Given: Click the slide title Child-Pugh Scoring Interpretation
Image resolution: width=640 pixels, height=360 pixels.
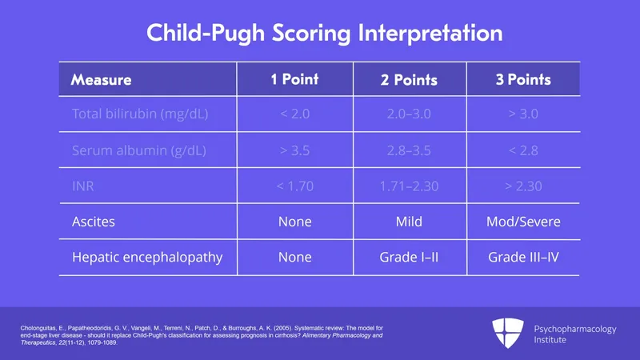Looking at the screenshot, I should click(x=324, y=34).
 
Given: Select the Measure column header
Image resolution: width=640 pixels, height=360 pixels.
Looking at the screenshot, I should click(x=101, y=80).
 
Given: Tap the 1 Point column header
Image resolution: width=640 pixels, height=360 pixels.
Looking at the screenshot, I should click(x=294, y=79).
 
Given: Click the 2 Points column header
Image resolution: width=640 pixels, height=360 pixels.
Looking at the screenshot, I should click(x=409, y=80).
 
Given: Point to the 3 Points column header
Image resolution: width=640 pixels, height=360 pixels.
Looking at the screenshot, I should click(x=522, y=80).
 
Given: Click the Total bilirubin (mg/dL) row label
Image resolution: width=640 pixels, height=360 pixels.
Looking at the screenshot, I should click(x=140, y=114).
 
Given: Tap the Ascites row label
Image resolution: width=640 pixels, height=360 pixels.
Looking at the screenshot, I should click(x=94, y=222).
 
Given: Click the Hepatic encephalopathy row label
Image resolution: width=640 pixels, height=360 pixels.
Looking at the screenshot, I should click(x=147, y=258).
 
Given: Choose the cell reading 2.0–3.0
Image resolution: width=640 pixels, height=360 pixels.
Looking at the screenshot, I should click(x=409, y=114).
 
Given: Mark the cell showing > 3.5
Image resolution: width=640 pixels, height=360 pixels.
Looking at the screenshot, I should click(x=294, y=150).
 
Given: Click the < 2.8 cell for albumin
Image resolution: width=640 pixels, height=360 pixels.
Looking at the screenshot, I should click(x=522, y=150).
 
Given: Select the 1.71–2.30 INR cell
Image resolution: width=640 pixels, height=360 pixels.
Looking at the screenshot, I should click(x=409, y=186).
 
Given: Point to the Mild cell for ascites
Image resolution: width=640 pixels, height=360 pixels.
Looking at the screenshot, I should click(x=409, y=222).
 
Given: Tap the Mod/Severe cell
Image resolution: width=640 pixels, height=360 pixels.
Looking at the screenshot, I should click(x=522, y=222).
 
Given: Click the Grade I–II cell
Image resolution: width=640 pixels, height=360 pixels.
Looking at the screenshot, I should click(x=409, y=258).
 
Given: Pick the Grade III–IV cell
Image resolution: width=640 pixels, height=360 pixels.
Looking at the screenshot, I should click(x=522, y=258).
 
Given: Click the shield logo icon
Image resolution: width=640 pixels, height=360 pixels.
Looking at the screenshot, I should click(x=508, y=334).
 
